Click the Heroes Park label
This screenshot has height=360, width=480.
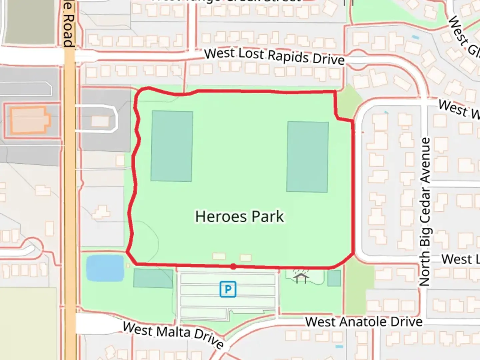point(239,216)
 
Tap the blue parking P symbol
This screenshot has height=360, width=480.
point(228,289)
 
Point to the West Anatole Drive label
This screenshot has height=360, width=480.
point(364,322)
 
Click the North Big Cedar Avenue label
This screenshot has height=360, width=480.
point(425,212)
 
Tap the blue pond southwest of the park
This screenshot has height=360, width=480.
point(105,268)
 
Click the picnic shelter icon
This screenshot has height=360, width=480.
point(301,277)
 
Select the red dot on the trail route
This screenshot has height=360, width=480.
point(233,266)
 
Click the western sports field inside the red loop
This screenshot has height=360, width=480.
point(172,146)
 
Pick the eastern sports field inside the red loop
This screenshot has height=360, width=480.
point(307,157)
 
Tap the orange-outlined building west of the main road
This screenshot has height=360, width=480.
point(29,120)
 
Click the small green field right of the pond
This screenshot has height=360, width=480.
point(153,278)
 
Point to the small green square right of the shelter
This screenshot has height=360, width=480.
point(334,278)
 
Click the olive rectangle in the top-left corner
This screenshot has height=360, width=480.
point(30,22)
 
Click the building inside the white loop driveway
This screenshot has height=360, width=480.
point(100,121)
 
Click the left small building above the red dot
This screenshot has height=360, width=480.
point(219,256)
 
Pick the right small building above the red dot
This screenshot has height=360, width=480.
point(246,258)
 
